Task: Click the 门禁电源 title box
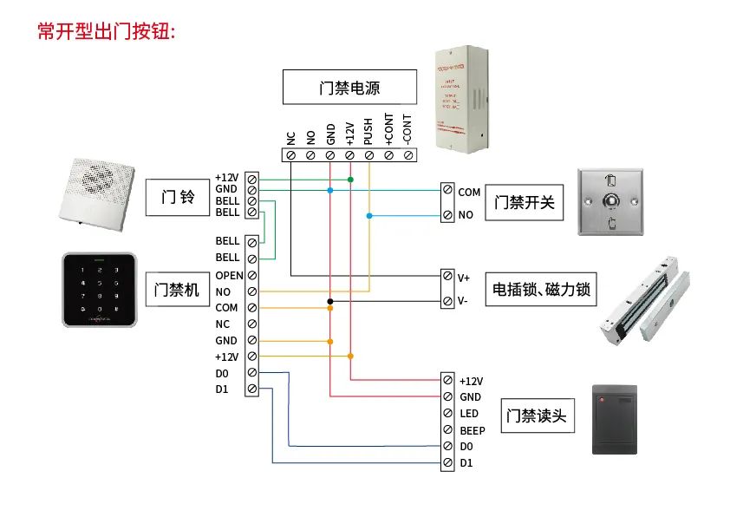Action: point(349,88)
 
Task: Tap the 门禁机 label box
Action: point(177,289)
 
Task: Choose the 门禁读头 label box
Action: point(535,416)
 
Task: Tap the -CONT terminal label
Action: point(407,128)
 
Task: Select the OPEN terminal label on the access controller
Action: point(229,275)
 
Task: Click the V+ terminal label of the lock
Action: point(464,278)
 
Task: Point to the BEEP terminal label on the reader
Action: point(472,430)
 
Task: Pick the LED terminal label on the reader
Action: point(468,414)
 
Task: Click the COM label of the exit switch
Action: point(469,193)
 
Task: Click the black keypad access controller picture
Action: point(100,290)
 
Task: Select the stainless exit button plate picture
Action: point(611,202)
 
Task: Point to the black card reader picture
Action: point(614,420)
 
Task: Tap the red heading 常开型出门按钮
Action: point(107,32)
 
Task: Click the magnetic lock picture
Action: point(647,300)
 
